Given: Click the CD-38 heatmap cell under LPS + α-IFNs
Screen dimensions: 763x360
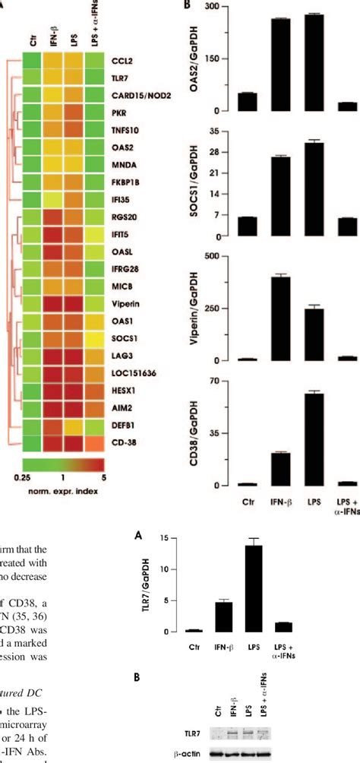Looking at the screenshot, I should [x=97, y=441].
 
